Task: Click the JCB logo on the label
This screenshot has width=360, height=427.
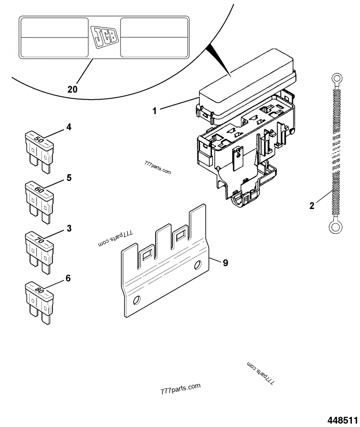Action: coord(104,37)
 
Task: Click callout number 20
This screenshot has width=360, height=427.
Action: coord(72,89)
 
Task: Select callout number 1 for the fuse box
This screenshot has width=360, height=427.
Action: coord(154,110)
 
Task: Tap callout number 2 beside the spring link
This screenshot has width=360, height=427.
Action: coord(311,206)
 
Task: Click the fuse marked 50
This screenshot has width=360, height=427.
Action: coord(40,149)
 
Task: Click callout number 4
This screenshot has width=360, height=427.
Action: coord(68,127)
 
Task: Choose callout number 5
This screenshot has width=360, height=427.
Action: coord(69,178)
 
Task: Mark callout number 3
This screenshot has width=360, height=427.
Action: coord(69,228)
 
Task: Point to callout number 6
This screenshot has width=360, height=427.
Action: coord(68,278)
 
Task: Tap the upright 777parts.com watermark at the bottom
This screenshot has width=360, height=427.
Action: coord(180,388)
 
